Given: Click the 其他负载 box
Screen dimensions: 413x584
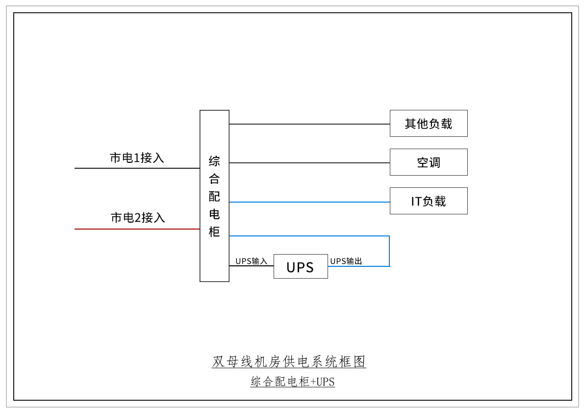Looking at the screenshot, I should tap(429, 123).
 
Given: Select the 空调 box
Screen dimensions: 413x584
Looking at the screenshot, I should tap(429, 162).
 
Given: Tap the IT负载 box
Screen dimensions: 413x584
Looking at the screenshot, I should tap(429, 201).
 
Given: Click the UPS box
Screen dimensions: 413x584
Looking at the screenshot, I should tap(301, 266).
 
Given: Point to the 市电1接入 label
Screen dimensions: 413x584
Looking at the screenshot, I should tap(137, 158).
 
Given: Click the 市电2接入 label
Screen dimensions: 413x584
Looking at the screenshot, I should tap(138, 218).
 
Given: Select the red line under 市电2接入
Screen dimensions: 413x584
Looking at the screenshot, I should tap(137, 229).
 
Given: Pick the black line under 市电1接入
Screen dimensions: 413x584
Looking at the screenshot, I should tap(137, 168).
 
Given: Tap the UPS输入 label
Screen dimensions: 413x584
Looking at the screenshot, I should tap(251, 261).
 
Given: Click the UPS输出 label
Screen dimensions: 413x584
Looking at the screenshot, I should tap(346, 261).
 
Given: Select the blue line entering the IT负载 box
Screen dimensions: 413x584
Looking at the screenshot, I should tap(309, 202).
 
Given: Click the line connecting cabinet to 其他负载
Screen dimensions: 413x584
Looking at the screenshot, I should tap(309, 124).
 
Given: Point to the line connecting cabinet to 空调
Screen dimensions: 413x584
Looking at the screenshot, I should tap(309, 163).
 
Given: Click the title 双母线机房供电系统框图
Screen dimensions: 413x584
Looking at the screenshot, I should tap(289, 362).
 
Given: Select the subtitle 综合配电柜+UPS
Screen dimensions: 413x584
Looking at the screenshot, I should tap(292, 382).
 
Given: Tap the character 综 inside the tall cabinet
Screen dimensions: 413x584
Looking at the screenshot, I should tap(214, 161).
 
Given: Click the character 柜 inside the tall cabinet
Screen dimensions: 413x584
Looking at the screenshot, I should tap(214, 232).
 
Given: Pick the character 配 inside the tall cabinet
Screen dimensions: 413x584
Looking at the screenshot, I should tap(214, 196).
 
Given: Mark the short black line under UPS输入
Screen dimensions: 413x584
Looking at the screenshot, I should tap(251, 266).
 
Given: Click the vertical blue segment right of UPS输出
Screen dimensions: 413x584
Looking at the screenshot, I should tap(389, 251).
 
